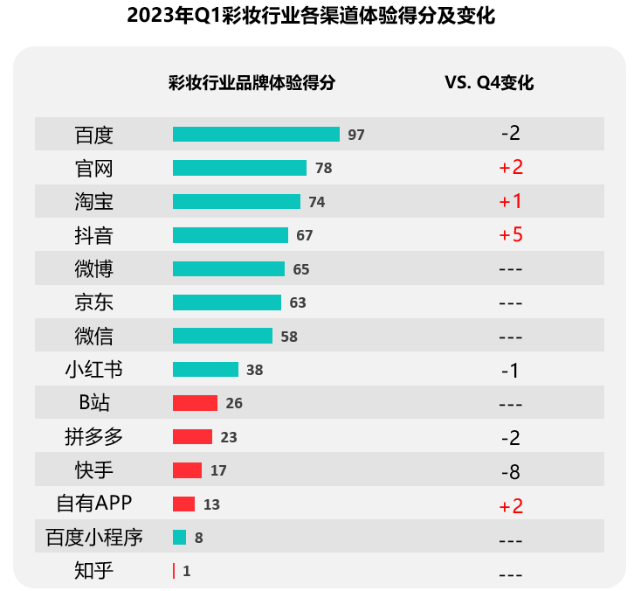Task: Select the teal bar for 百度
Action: (256, 134)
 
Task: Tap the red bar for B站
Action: (195, 403)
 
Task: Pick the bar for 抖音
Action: (231, 235)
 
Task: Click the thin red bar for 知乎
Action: (174, 571)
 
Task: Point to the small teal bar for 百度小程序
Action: (179, 538)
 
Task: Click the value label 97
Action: (355, 135)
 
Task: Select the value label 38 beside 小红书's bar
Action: (254, 370)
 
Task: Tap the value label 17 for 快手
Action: (218, 470)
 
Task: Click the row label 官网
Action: (94, 168)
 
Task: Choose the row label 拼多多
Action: (94, 436)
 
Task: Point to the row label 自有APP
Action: (94, 504)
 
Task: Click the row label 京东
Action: (94, 302)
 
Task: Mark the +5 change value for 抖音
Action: (511, 235)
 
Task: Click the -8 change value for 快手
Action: (511, 472)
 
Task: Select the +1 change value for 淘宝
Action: (511, 202)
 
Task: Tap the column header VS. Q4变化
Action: (489, 84)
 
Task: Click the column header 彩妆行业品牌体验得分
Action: (252, 84)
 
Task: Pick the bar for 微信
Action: (223, 336)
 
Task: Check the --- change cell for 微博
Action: (511, 269)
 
